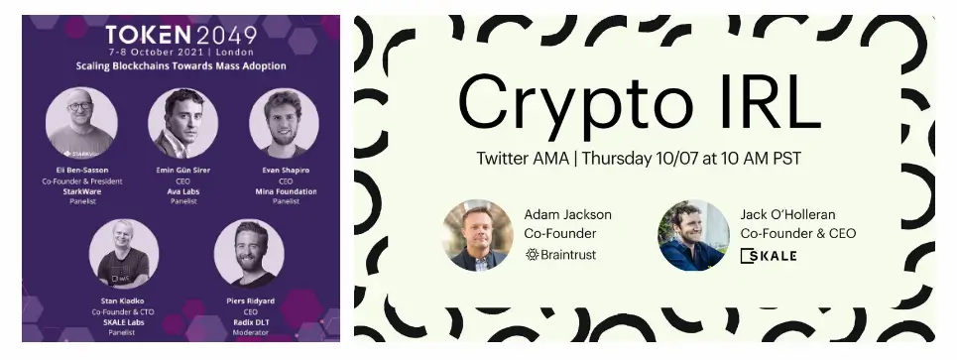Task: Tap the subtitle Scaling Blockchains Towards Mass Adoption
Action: [181, 66]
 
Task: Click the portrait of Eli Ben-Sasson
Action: [81, 122]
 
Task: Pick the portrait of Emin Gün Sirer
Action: [182, 122]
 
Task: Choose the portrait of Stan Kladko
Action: [124, 254]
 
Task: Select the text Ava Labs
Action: [183, 191]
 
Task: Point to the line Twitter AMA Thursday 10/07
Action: [639, 158]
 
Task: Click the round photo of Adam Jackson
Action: [477, 235]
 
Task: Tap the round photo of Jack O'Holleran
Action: [693, 235]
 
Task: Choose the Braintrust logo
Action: [561, 255]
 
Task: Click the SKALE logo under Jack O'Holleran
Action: [769, 255]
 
